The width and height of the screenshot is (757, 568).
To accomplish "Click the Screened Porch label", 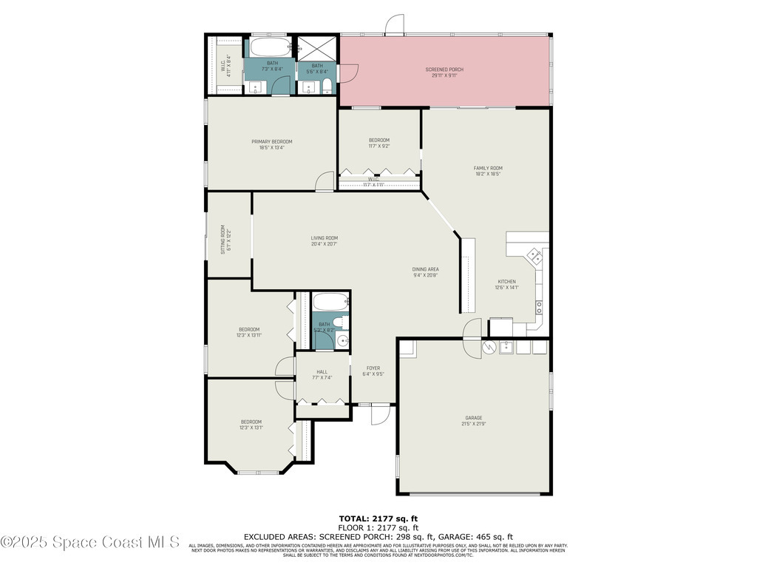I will pos(444,70).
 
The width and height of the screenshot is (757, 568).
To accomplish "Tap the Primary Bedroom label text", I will pos(271,142).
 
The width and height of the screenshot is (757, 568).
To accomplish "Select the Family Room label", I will pos(487,169).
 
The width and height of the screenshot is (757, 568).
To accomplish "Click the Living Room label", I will pos(324,238).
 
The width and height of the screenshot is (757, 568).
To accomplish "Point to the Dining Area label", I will pos(425,269).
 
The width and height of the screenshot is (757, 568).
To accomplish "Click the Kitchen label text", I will pos(506,282).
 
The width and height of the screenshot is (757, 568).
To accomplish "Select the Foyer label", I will pos(373,368).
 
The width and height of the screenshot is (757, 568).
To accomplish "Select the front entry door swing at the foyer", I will pos(377,414).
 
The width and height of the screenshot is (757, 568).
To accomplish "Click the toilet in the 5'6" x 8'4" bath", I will pos(327,88).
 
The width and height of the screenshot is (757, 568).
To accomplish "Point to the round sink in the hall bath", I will pos(342,339).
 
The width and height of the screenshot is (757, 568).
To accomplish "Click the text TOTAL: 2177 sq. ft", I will pos(378,518).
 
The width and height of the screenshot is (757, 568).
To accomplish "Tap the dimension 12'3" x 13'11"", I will pos(249,335).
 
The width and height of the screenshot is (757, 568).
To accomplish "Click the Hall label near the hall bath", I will pos(322,372).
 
